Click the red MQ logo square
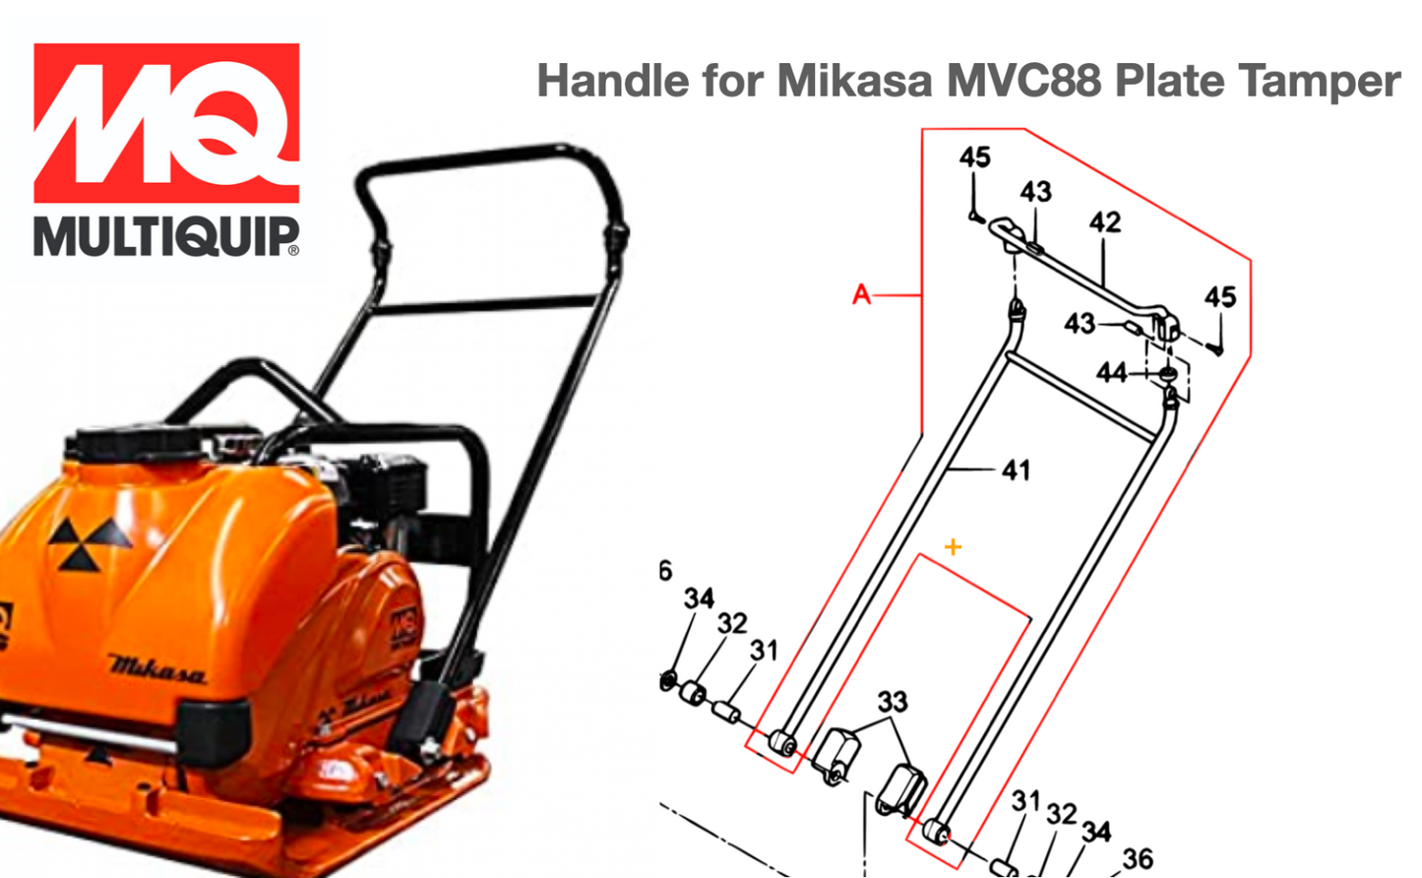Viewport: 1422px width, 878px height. click(166, 122)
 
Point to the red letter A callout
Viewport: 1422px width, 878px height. click(862, 294)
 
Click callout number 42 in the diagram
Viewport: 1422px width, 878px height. click(1104, 222)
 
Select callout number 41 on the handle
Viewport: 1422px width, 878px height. click(1016, 470)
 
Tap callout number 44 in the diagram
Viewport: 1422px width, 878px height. click(1111, 373)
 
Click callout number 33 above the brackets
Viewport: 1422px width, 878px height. click(892, 702)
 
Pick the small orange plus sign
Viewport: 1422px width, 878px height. click(953, 547)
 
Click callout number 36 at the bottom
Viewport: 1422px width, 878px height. click(1138, 859)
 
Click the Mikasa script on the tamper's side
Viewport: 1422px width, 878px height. click(157, 669)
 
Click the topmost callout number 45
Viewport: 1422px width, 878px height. click(974, 157)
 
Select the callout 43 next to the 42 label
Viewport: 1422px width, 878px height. click(1035, 192)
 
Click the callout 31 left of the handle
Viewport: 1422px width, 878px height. click(764, 651)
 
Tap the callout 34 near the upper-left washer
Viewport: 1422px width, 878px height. click(699, 598)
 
